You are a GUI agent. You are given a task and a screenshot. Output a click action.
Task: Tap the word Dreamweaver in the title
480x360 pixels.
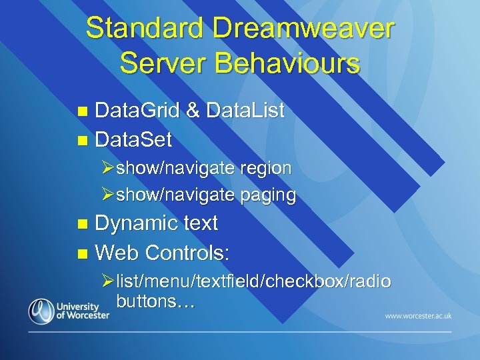click(299, 29)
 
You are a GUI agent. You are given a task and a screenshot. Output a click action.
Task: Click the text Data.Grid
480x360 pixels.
click(137, 111)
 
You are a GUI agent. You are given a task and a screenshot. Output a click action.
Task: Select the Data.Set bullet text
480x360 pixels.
click(133, 139)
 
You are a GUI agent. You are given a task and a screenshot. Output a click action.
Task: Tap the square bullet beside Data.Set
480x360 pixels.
click(82, 140)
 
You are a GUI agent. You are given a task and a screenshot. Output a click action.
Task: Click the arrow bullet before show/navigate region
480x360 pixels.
click(107, 169)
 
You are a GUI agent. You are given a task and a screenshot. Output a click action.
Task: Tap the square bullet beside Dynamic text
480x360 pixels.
click(82, 224)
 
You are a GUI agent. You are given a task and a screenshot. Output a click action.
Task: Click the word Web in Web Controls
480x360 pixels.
click(117, 253)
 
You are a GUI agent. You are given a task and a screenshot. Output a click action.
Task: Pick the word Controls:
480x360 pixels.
click(187, 253)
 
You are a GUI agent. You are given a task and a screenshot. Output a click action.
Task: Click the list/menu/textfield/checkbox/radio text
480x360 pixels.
click(253, 282)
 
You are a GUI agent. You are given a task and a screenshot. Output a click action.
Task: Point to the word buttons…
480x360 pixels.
click(155, 301)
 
